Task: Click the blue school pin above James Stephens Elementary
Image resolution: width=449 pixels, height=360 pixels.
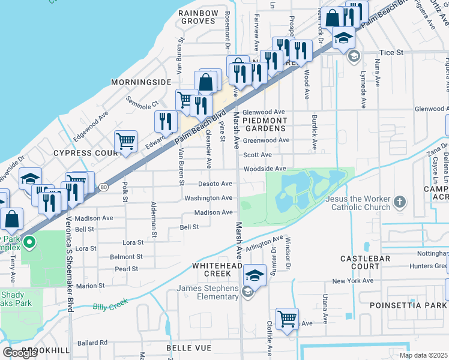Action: coord(255,275)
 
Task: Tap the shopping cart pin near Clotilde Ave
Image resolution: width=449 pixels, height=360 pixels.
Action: coord(288,319)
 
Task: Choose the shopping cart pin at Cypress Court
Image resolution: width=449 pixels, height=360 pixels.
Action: coord(126,142)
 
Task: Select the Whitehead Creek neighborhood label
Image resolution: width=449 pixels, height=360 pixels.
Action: coord(211,269)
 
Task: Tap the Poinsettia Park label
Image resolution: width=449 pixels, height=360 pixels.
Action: coord(414,305)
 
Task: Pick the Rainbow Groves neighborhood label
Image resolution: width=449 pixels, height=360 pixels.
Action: coord(198,17)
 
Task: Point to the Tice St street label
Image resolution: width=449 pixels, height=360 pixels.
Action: coord(391,53)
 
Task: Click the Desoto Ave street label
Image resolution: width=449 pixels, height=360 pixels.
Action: coord(215,184)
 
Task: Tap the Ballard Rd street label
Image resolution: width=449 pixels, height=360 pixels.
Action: coord(92,343)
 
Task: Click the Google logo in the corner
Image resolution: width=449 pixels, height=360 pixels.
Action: coord(20,353)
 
